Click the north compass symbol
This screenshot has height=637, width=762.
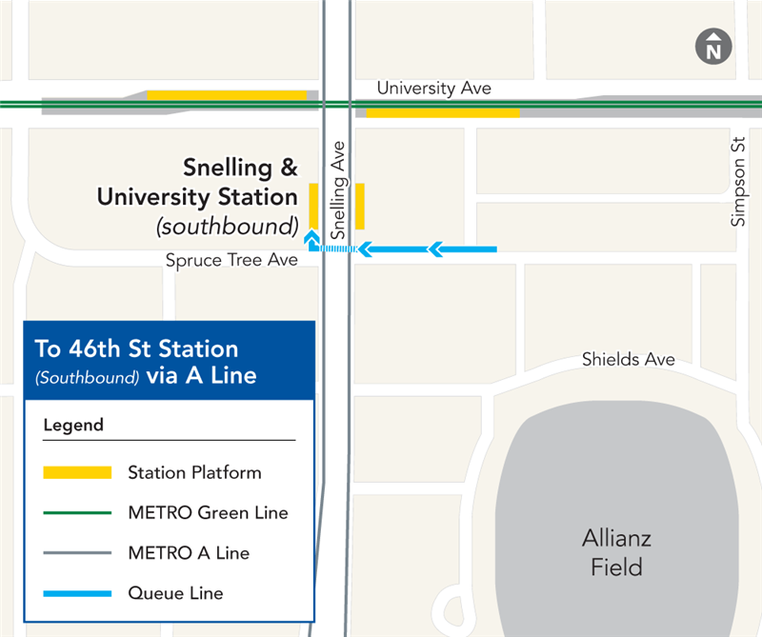(x=713, y=47)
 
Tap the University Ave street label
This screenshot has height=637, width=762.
(x=433, y=89)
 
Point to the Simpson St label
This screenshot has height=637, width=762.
(x=737, y=180)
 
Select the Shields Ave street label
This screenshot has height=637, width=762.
(x=629, y=359)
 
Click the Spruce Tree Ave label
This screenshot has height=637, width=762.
(x=231, y=260)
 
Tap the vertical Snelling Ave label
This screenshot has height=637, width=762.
(x=337, y=190)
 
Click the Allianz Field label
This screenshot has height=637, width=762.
(x=616, y=553)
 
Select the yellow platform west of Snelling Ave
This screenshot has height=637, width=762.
(x=313, y=206)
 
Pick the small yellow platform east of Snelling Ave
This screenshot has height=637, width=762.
(x=360, y=206)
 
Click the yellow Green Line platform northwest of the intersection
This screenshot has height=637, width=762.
(x=227, y=95)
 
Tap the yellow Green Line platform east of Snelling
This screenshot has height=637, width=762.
(x=443, y=112)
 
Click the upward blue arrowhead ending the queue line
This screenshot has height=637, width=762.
(x=311, y=237)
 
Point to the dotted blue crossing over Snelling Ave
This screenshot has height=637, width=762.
(x=337, y=249)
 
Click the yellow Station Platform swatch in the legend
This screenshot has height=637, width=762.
(x=77, y=472)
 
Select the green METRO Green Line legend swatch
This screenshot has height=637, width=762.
(x=77, y=512)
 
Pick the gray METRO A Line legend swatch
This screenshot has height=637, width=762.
(x=77, y=552)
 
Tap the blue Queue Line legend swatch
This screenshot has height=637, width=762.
(x=77, y=593)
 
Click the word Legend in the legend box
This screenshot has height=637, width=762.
(x=73, y=426)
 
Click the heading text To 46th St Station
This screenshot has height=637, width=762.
(x=136, y=348)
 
